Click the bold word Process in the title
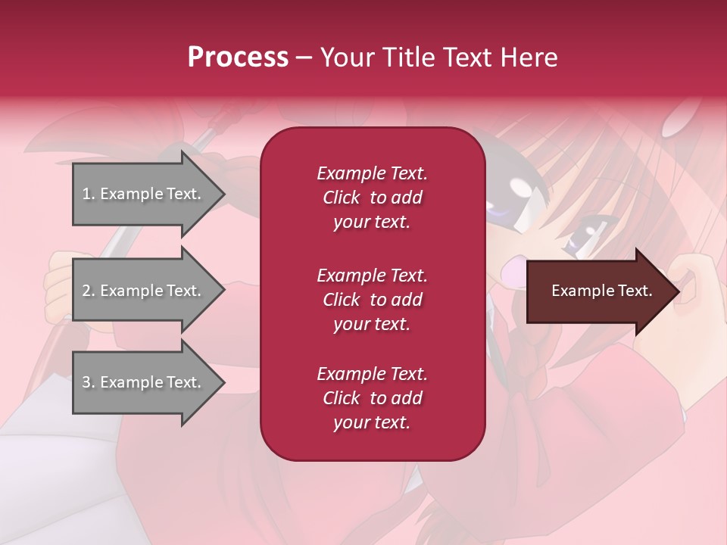coord(238,58)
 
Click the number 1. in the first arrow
coord(89,194)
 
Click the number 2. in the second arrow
coord(89,291)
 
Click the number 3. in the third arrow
coord(89,382)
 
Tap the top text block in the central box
coord(372,198)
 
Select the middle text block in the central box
coord(372,300)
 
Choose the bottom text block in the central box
coord(372,398)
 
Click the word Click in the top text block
coord(341,198)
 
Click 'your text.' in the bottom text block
coord(372,422)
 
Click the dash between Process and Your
coord(304,58)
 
